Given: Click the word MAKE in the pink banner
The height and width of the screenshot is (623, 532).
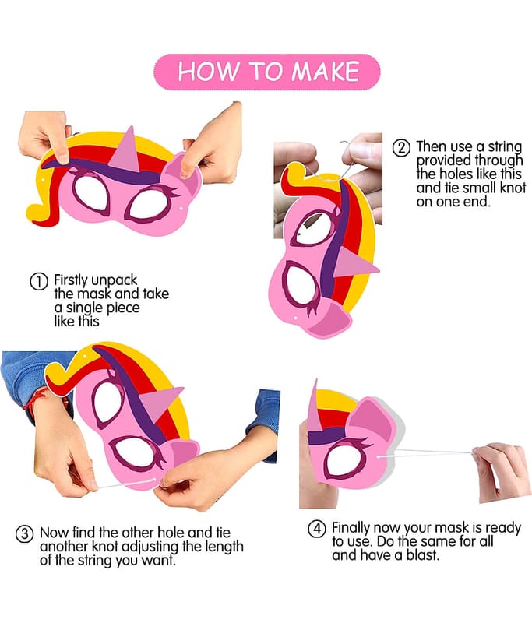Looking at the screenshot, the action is point(326,72).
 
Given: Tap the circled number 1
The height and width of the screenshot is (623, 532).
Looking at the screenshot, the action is point(39,281).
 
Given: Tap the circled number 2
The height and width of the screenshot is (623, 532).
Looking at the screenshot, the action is point(401,148).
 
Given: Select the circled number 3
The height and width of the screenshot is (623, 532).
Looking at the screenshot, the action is point(24,533).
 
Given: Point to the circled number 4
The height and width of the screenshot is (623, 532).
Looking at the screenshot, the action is point(317,529).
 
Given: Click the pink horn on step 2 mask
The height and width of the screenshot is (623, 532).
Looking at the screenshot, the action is point(355,263).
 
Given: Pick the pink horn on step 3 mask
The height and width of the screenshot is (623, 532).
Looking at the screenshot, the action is point(160,401).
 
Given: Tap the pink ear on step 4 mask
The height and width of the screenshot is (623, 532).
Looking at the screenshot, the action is point(372,421).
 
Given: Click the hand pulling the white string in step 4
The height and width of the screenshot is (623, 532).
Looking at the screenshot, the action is point(502,471).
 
